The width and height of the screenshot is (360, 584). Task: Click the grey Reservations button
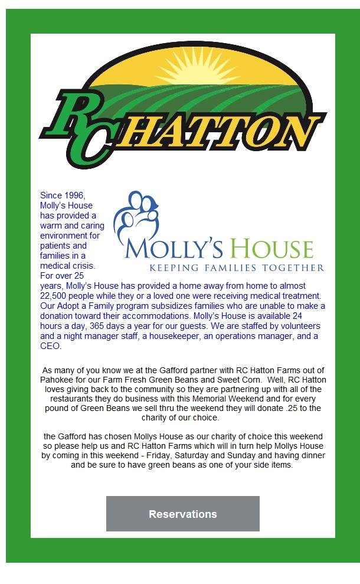[x=183, y=514]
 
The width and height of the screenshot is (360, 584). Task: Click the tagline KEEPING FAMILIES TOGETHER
[x=224, y=267]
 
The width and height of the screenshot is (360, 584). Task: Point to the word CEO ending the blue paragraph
[x=50, y=347]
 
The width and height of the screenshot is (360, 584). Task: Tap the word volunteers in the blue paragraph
[x=299, y=326]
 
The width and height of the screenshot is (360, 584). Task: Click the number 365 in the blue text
[x=97, y=326]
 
